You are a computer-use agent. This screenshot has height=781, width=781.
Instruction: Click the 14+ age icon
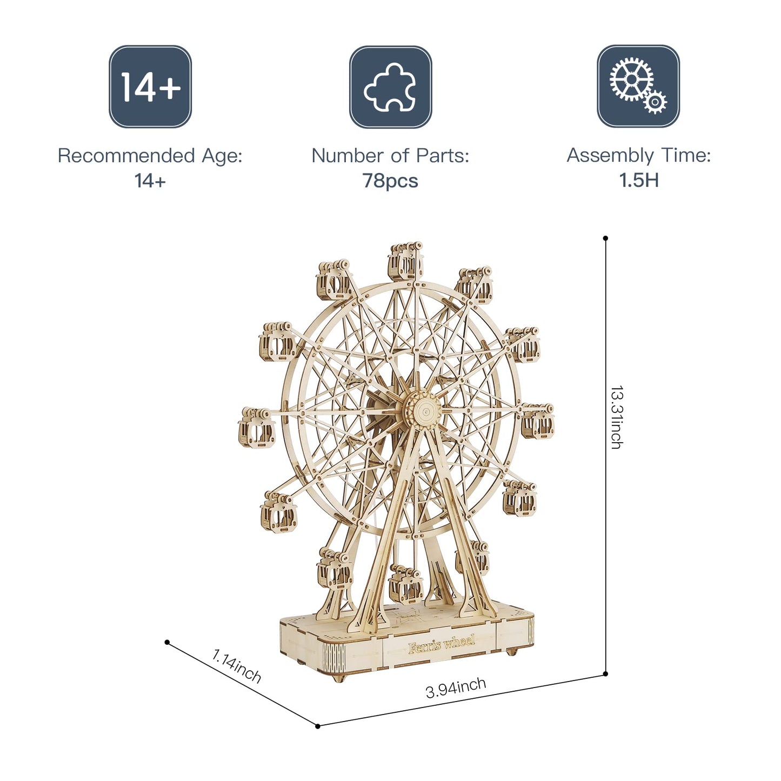click(150, 86)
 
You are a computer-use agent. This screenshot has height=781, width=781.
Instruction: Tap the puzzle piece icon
click(390, 87)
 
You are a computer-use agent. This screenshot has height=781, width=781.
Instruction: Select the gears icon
click(638, 86)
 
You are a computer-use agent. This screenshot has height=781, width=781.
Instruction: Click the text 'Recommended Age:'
click(150, 156)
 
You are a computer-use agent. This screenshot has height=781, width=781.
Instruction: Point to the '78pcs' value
click(390, 181)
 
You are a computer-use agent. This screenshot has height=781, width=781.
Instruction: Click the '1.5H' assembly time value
click(638, 180)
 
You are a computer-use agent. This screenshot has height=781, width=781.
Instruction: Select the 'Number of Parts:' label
click(390, 156)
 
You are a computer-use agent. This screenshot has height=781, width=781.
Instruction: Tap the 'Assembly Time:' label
click(638, 156)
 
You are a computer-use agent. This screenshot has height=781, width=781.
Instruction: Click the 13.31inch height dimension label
click(616, 417)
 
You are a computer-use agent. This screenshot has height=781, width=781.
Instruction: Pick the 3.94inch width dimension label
click(456, 687)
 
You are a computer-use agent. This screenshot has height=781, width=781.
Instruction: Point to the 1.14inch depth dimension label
click(236, 666)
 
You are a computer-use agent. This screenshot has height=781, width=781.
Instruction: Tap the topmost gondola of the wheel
click(405, 262)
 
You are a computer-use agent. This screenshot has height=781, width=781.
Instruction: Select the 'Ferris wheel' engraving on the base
click(442, 644)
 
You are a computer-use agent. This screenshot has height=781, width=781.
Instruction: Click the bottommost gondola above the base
click(405, 583)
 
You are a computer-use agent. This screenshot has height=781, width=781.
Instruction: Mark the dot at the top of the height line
click(605, 238)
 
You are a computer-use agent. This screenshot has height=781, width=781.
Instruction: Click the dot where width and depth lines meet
click(318, 726)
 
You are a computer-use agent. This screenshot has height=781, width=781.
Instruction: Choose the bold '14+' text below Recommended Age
click(150, 181)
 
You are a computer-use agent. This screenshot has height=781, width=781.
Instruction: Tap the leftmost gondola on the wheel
click(256, 428)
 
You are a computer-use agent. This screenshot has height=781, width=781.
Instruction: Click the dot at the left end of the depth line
click(167, 642)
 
